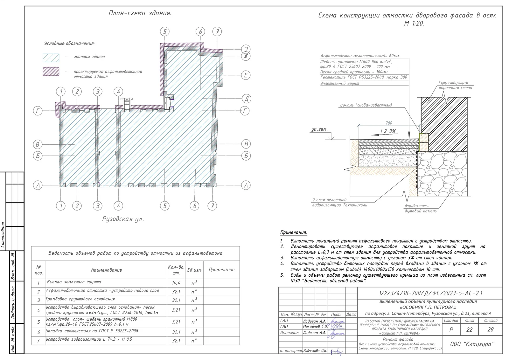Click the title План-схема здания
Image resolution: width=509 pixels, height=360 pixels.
click(140, 13)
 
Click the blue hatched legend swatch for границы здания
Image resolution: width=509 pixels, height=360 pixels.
click(51, 57)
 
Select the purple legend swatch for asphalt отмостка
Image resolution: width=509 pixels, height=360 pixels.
click(51, 72)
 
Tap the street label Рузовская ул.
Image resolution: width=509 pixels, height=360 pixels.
click(123, 219)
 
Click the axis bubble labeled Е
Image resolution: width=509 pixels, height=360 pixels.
click(246, 75)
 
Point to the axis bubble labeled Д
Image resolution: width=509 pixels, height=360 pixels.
click(246, 99)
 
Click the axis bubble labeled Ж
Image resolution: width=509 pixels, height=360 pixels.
click(246, 56)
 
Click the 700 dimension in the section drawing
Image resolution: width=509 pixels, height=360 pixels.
click(389, 123)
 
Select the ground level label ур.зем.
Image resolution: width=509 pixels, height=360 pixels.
click(319, 129)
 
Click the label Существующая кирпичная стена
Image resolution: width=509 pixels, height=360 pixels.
click(455, 85)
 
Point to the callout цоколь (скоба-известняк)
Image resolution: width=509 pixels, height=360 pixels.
click(366, 105)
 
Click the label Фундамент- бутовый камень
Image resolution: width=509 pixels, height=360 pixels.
click(420, 208)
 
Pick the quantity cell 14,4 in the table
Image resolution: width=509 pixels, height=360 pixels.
click(176, 283)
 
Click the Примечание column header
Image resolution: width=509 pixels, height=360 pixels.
click(221, 270)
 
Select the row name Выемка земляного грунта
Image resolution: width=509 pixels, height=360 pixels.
click(74, 282)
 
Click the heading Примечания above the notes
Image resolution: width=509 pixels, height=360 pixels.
click(293, 233)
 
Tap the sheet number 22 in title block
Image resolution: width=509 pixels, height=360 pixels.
click(469, 329)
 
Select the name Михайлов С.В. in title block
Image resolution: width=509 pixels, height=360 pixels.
click(315, 327)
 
